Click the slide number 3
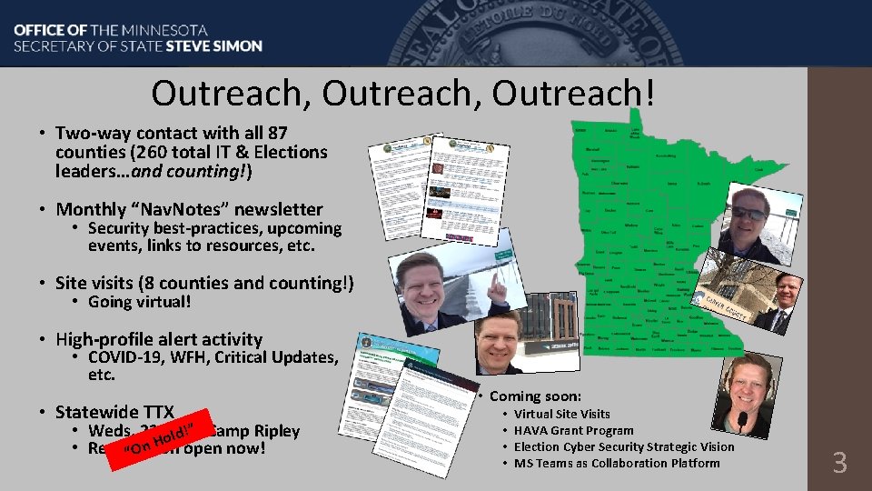tap(839, 463)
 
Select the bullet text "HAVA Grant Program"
tap(573, 430)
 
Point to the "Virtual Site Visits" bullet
tap(561, 414)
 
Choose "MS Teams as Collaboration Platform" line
tap(616, 463)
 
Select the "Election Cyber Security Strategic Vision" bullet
tap(623, 446)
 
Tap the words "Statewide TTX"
tap(114, 411)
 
